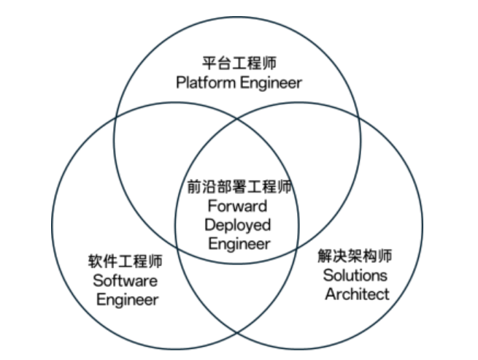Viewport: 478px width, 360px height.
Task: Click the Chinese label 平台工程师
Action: coord(238,64)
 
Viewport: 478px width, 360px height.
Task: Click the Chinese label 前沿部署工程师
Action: coord(238,187)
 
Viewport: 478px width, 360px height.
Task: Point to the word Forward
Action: coord(238,206)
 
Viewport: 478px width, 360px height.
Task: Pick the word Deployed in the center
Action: coord(238,225)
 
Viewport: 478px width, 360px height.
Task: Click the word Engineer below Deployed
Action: coord(238,244)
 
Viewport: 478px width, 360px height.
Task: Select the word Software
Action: coord(125,280)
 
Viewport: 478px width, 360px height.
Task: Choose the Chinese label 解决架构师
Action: coord(356,256)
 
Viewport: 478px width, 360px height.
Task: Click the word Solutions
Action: coord(356,275)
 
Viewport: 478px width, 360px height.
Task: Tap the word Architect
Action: coord(356,294)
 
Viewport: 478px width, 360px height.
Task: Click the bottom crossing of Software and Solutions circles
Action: coord(238,333)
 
